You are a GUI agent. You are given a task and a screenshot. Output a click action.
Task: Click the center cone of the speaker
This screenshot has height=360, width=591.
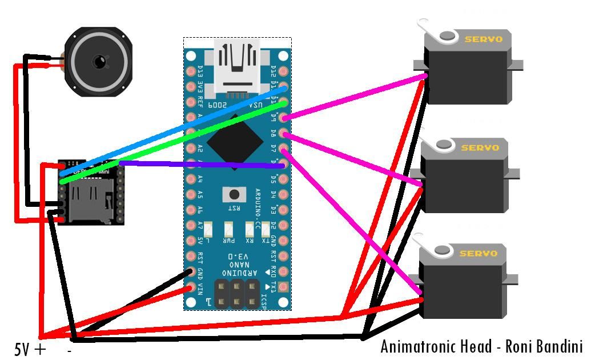point(99,61)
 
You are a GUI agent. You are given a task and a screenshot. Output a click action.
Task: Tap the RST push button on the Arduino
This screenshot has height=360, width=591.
point(234,194)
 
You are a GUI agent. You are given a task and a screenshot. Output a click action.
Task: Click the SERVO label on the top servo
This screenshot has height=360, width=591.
point(483,39)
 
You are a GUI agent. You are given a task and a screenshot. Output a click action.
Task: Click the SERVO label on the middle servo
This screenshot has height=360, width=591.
point(479,147)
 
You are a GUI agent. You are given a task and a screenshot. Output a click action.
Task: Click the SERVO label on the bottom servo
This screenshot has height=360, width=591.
point(479,253)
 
